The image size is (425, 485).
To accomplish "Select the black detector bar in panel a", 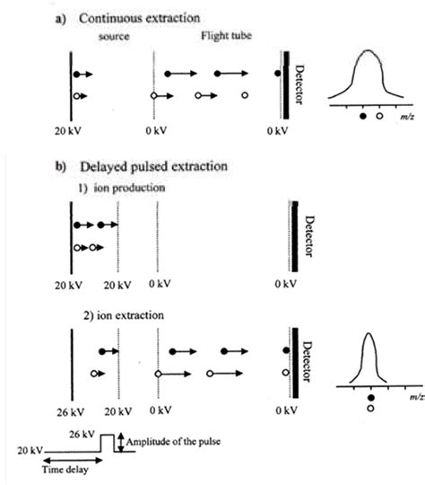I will pos(289,88).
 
